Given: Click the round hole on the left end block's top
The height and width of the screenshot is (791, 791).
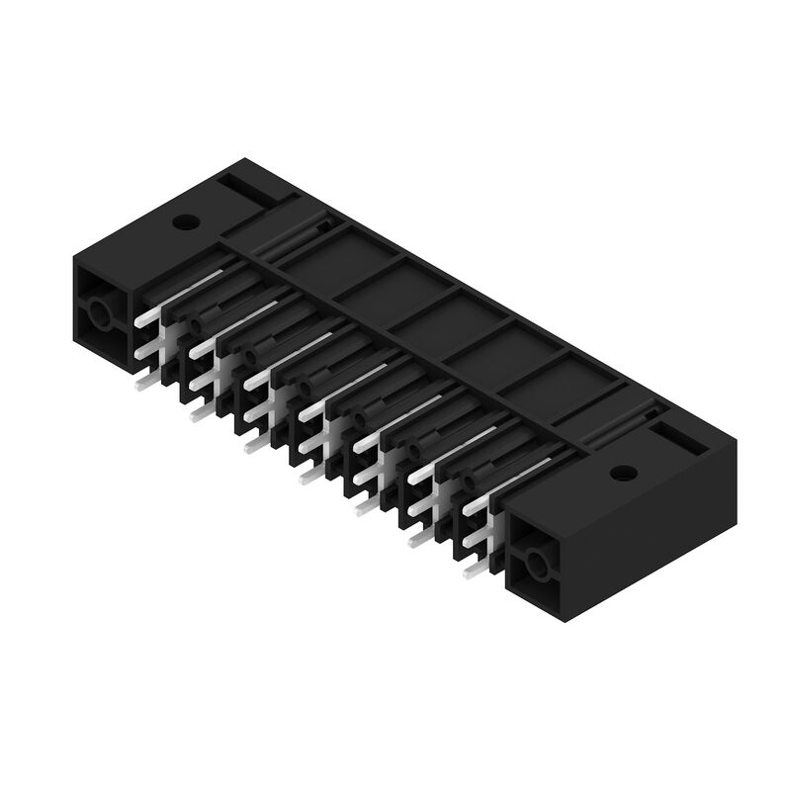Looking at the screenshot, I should click(x=183, y=221).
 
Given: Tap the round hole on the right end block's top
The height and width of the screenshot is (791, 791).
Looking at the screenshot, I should click(x=622, y=473).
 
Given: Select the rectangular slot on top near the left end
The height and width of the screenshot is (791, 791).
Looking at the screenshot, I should click(x=244, y=188).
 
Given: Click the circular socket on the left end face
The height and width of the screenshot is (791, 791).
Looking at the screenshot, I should click(x=101, y=315).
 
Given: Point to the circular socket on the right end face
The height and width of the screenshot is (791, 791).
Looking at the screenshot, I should click(x=536, y=566).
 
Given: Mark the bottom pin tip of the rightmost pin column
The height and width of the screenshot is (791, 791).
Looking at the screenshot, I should click(x=472, y=571).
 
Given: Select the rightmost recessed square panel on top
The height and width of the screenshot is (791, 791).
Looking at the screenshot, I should click(x=589, y=390).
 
